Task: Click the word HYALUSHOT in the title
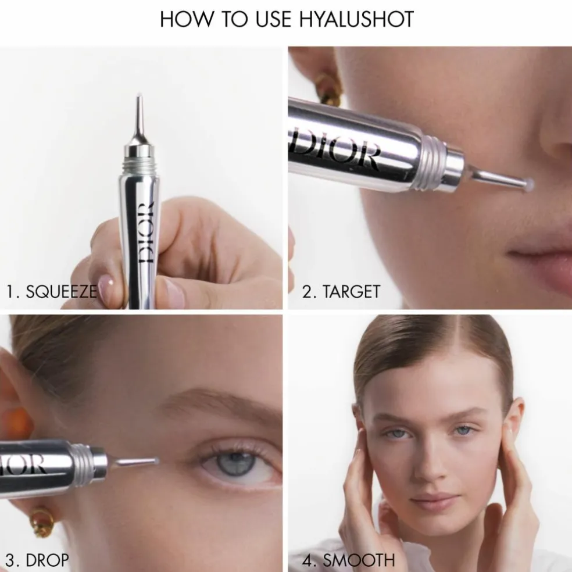356,19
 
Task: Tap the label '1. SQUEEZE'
51,291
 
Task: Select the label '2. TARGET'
341,291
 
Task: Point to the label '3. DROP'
37,560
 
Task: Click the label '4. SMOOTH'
348,560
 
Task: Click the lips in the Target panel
541,263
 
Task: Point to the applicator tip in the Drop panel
156,461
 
